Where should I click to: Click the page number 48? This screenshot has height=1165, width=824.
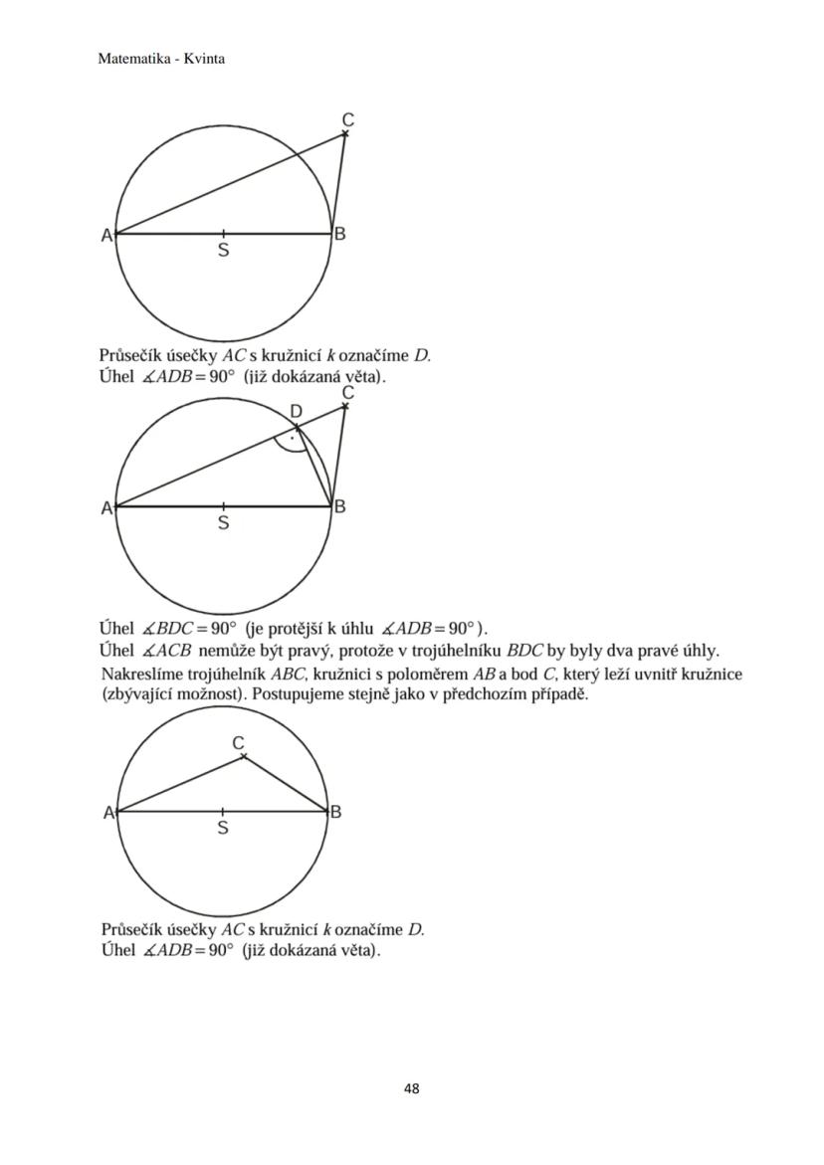[411, 1088]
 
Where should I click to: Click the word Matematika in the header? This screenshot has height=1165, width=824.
[129, 59]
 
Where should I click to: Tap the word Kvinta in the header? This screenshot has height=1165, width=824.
[205, 59]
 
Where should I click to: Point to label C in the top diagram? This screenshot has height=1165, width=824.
[347, 119]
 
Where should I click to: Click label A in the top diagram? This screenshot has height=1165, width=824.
[106, 236]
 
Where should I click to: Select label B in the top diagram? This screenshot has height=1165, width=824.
[339, 235]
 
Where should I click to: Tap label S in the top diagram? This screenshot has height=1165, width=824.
[223, 252]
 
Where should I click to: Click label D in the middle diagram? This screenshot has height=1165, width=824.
[296, 412]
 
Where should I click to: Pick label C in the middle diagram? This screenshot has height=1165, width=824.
[347, 394]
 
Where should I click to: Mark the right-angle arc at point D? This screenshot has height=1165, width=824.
[292, 445]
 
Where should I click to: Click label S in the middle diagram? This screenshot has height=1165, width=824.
[223, 523]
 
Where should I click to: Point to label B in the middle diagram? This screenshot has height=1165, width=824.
[339, 507]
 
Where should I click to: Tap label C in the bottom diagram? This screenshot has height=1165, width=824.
[238, 743]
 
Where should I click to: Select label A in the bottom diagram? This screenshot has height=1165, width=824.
[108, 813]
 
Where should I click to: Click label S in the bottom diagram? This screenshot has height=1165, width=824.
[222, 828]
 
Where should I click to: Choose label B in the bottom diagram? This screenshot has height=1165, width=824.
[336, 812]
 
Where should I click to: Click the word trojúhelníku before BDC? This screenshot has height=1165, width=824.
[460, 652]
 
